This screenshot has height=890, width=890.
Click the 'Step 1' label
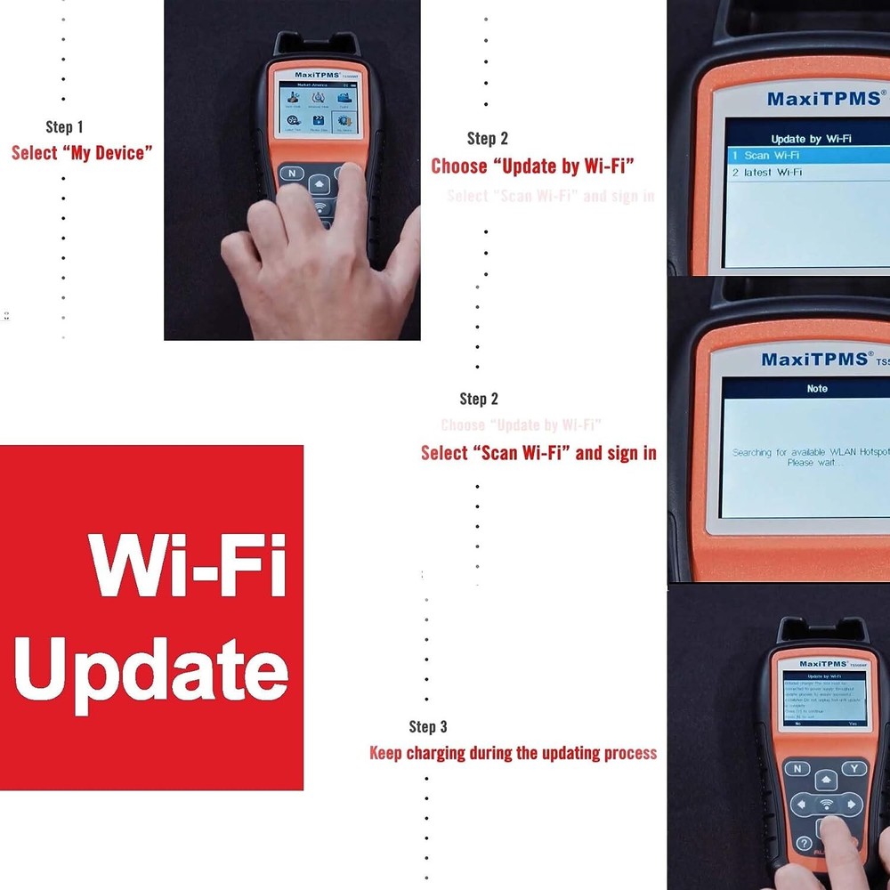click(64, 127)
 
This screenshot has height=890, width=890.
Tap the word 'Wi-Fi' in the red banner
click(186, 566)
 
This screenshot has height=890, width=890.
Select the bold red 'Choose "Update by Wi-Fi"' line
click(532, 166)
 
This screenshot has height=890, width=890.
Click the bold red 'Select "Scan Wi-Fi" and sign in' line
click(538, 453)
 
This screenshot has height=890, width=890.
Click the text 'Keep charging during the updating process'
click(513, 753)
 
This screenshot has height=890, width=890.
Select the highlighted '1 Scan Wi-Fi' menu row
click(806, 156)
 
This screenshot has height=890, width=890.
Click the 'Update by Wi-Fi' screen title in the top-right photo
click(811, 139)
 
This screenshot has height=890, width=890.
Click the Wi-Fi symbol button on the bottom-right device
click(827, 805)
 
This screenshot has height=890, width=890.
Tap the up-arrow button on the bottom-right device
click(827, 779)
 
